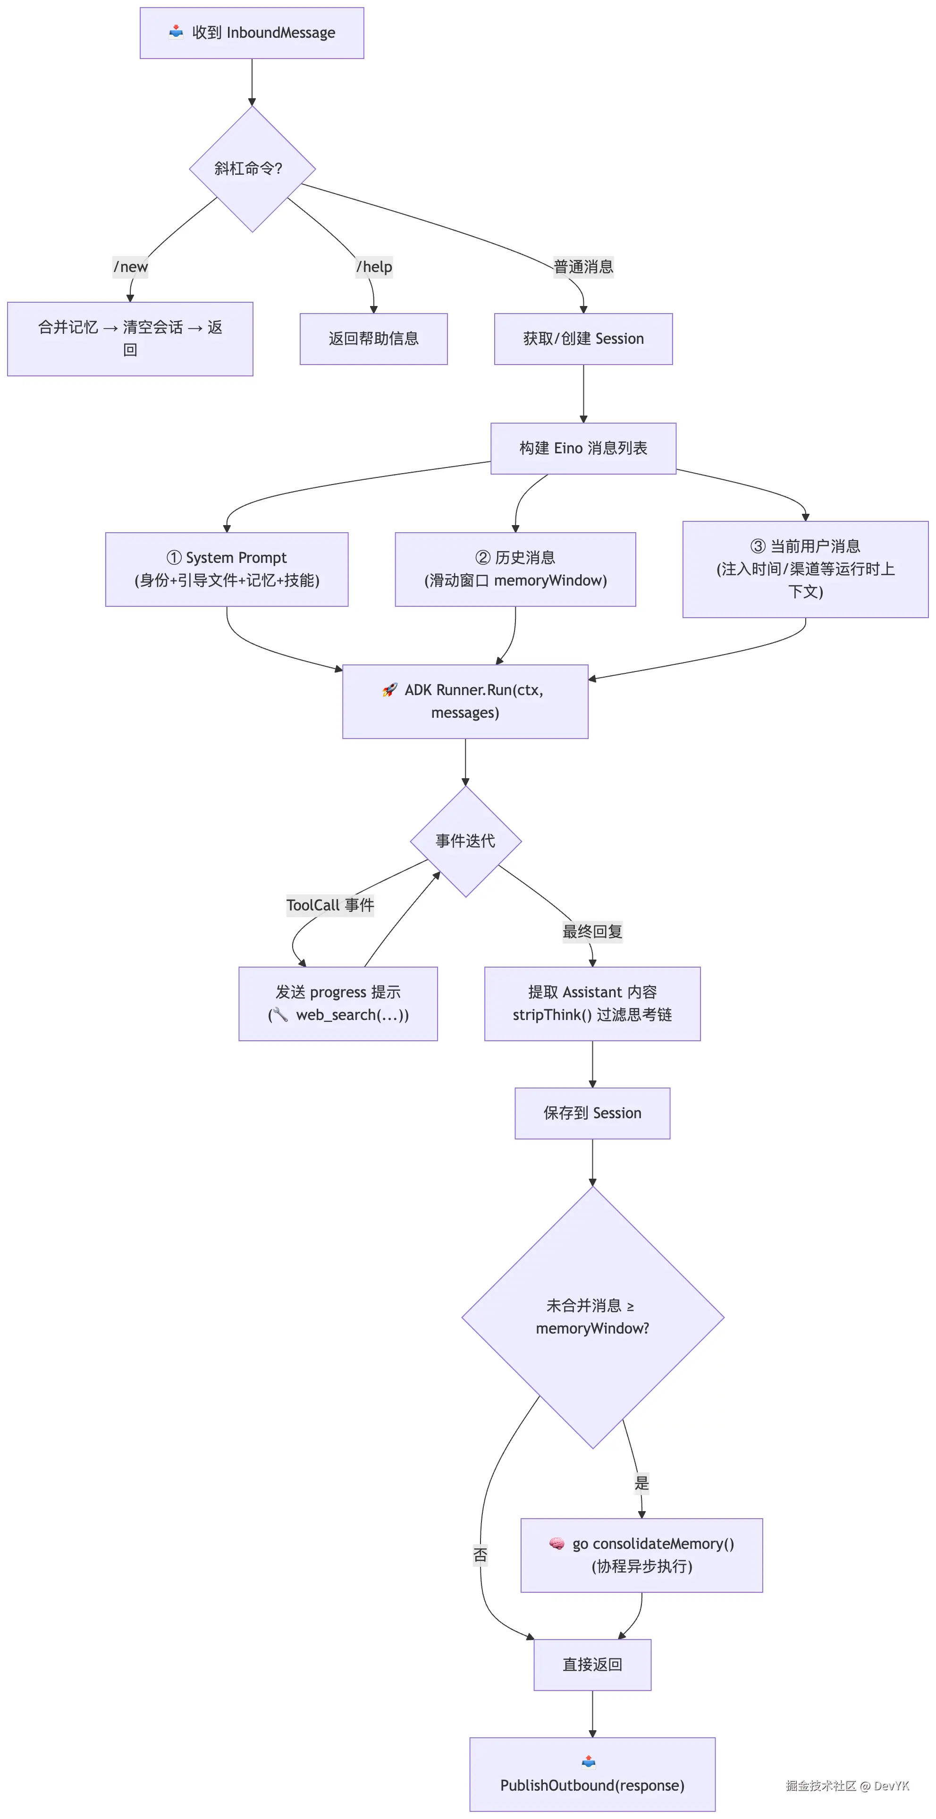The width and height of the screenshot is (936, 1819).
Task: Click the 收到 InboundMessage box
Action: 252,33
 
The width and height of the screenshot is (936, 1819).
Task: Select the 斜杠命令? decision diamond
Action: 252,169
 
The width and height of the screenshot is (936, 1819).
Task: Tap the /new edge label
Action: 131,267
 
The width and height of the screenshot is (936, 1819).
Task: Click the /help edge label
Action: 374,267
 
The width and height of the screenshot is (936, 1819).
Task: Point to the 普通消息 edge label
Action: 583,267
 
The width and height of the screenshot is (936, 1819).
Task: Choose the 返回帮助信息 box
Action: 373,339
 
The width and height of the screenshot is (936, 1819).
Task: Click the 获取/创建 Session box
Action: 583,339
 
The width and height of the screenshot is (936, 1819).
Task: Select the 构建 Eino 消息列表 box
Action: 583,449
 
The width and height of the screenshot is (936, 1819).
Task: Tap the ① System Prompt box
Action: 227,569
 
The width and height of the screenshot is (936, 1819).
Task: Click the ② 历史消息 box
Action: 515,569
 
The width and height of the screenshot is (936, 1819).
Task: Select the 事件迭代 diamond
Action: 465,841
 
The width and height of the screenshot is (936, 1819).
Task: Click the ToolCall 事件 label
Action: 329,905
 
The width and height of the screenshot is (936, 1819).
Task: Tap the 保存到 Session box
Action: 592,1113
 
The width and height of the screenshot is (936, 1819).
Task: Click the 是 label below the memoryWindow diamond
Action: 641,1483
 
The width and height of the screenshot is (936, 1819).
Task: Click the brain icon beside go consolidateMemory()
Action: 556,1544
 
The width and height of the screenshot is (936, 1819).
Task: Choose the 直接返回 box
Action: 592,1665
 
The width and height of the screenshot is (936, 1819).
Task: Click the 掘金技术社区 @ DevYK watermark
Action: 847,1786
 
